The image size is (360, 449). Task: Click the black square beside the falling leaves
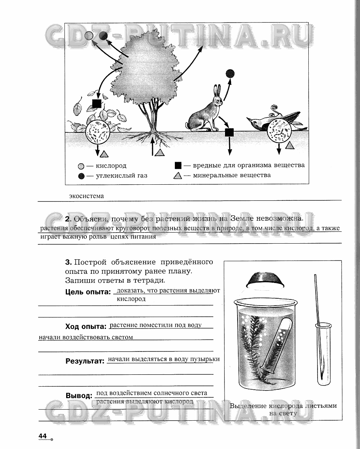point(97,104)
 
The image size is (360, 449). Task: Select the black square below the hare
point(229,132)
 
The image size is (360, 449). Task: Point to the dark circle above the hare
point(230,73)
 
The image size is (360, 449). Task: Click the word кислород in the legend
point(111,166)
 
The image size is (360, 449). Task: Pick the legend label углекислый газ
point(116,176)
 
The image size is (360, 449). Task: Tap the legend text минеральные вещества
point(232,175)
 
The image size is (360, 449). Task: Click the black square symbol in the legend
point(178,166)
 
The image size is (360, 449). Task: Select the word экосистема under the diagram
point(86,196)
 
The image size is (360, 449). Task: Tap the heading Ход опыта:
point(85,327)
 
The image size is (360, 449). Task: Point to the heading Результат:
point(85,361)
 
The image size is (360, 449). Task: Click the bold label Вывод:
point(79,395)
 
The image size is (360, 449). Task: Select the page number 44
point(42,436)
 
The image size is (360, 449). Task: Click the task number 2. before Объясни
point(68,219)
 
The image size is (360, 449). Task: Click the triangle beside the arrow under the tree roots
point(160,152)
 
